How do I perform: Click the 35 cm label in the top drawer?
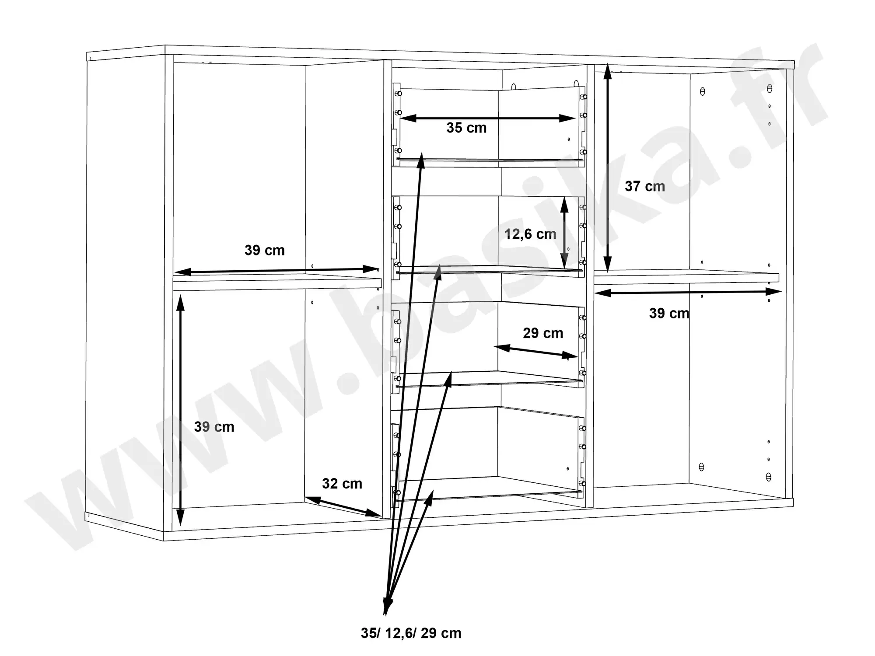click(x=466, y=128)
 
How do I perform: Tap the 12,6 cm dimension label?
click(x=530, y=234)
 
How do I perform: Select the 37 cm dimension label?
click(x=645, y=186)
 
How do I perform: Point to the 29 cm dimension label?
click(x=543, y=333)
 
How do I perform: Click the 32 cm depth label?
click(x=342, y=484)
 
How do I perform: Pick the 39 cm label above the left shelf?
click(x=265, y=250)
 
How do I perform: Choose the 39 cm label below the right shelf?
click(x=669, y=313)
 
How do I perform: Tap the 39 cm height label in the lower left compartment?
click(x=214, y=427)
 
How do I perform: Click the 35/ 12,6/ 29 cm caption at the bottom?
click(x=411, y=633)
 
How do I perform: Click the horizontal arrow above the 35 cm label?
click(x=487, y=118)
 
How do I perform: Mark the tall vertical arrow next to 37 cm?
click(x=607, y=171)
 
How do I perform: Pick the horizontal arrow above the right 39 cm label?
click(x=688, y=292)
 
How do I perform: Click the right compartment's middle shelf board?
click(x=687, y=277)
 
